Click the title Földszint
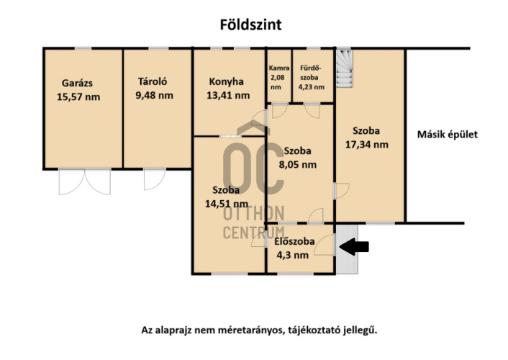250,24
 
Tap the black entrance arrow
354,247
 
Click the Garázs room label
77,83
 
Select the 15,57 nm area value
78,97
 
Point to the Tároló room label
153,81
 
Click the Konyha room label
226,81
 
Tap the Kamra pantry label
279,68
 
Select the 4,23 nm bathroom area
312,87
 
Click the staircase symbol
344,68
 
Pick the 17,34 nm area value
367,144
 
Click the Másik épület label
448,134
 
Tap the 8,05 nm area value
298,164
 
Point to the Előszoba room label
294,241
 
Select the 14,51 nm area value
227,204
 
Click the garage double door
85,181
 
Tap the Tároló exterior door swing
155,179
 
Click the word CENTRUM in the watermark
254,233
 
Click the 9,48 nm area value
154,95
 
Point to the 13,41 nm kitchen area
228,95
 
